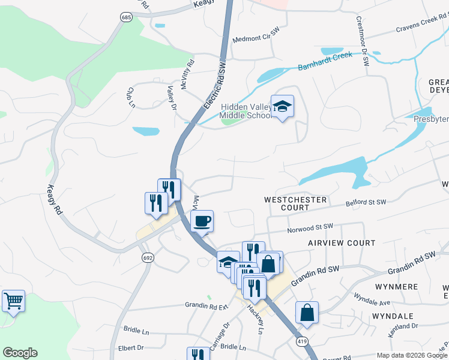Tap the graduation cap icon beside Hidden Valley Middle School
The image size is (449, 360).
point(282,107)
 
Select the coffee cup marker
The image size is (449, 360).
point(202,221)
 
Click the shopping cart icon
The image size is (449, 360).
point(13,301)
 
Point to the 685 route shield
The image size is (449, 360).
point(125,19)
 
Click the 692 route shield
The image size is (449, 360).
point(147,257)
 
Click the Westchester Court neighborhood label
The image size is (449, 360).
point(295,203)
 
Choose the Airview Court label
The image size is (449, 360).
point(342,243)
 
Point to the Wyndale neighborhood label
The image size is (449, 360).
point(393,316)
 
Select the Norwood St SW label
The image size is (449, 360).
point(309,227)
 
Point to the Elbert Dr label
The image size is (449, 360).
point(131,347)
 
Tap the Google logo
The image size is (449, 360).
point(20,353)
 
